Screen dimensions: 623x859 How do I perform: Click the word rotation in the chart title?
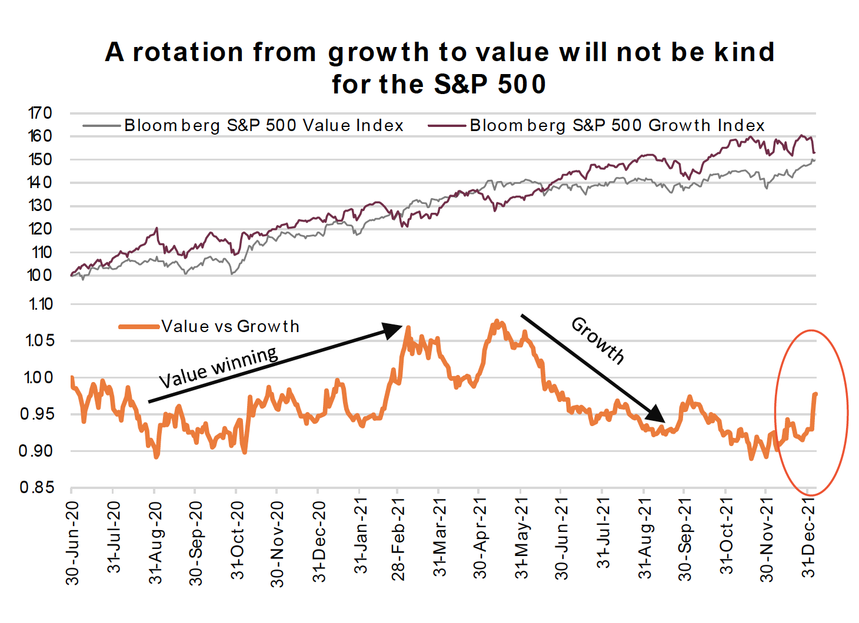[x=188, y=53]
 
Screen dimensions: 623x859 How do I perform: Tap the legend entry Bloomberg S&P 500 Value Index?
[x=263, y=126]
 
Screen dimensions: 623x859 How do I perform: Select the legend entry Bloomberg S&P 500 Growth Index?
[x=617, y=126]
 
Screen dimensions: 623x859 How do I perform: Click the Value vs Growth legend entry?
[x=230, y=327]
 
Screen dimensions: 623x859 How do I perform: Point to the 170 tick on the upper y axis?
[x=40, y=113]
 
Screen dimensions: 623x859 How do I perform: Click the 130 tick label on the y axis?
[x=40, y=206]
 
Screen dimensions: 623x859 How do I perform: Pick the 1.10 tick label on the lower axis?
[x=39, y=304]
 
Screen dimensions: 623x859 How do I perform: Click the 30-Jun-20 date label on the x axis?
[x=72, y=542]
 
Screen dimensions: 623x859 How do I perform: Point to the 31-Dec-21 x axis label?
[x=809, y=537]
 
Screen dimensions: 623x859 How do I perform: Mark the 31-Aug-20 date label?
[x=155, y=542]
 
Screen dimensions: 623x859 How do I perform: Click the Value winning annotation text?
[x=218, y=368]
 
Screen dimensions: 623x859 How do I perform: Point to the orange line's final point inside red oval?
[x=815, y=394]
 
